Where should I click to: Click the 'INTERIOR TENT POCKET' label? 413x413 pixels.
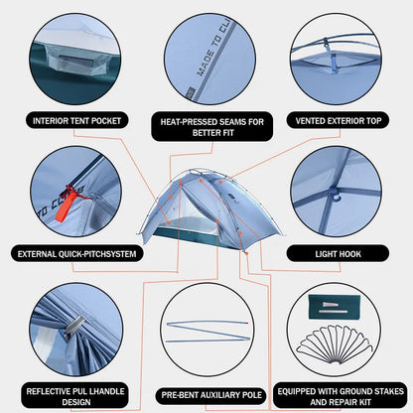coord(76,121)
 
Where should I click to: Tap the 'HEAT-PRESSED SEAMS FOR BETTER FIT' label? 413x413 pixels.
coord(212,127)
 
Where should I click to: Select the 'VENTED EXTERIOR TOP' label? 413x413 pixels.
coord(339,121)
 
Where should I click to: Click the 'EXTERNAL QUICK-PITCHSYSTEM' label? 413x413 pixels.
coord(76,254)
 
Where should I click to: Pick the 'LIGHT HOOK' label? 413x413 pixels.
coord(338,254)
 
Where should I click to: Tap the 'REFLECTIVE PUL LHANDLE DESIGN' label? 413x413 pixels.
coord(75,396)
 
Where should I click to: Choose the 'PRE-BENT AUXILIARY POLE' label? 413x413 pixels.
coord(211,395)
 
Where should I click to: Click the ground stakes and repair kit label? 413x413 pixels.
coord(341,396)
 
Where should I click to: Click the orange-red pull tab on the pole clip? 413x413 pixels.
coord(66,203)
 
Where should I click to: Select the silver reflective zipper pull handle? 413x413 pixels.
coord(73,329)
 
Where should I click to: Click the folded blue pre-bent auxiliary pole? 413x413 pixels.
coord(207,331)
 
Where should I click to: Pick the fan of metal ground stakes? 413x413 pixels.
coord(335,344)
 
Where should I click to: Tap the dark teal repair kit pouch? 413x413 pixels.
coord(333,307)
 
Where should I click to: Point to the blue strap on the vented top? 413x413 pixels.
coord(334,60)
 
